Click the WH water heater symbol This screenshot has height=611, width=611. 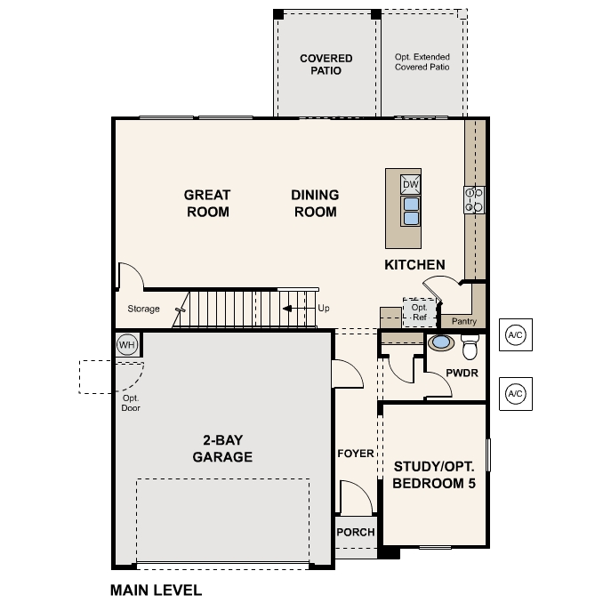tap(126, 344)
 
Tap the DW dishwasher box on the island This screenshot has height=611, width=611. tap(410, 184)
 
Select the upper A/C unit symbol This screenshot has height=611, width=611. tap(515, 334)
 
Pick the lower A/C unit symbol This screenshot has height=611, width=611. tap(515, 392)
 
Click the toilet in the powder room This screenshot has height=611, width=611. tap(470, 342)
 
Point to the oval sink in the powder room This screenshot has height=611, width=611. tap(440, 342)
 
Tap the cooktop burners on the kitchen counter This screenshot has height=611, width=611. tap(474, 200)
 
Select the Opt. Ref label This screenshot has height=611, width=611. tap(419, 311)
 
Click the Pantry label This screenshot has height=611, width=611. tap(464, 321)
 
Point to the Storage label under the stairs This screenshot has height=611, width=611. tap(143, 310)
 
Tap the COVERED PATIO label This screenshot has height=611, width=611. tap(326, 65)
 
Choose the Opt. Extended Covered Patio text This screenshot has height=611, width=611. tap(422, 61)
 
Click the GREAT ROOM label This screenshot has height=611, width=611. tap(207, 203)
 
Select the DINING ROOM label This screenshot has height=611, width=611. tap(314, 203)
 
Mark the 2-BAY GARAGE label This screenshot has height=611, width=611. tap(222, 448)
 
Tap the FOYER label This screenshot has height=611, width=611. tap(356, 454)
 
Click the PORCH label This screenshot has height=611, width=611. tap(356, 533)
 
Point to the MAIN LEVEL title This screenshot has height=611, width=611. tap(156, 590)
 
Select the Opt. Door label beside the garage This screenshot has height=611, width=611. tap(131, 403)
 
